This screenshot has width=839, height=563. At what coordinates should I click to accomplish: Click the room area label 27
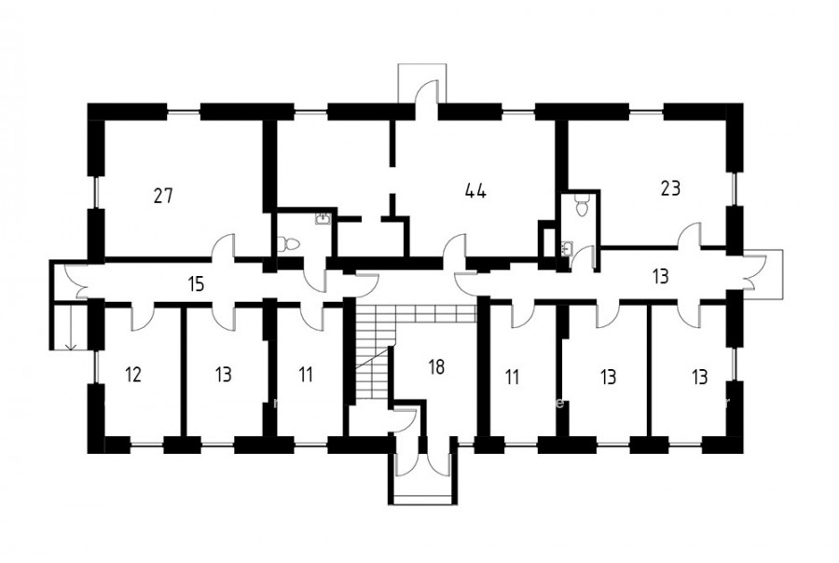tap(163, 196)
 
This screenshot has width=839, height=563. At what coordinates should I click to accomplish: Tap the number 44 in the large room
tap(475, 190)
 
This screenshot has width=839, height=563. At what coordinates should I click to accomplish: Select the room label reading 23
tap(670, 188)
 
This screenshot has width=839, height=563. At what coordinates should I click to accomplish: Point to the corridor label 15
tap(197, 283)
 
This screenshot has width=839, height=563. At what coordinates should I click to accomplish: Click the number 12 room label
tap(133, 375)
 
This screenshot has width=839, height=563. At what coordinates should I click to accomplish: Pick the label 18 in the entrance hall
tap(436, 366)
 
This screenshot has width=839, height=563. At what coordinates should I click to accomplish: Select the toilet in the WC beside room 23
tap(581, 204)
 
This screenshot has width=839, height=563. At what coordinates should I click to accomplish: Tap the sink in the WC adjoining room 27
tap(323, 218)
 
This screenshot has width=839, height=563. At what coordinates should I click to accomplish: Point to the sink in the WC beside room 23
tap(567, 249)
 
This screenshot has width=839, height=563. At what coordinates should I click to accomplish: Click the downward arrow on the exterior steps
tap(70, 327)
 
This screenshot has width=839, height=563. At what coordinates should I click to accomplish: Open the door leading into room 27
tap(224, 247)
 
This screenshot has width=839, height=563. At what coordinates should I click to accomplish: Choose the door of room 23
tap(690, 236)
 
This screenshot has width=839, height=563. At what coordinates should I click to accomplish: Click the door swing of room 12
tap(143, 318)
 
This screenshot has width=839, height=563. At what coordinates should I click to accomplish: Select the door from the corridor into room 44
tap(455, 247)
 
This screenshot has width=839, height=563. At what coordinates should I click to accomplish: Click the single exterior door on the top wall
tap(427, 89)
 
